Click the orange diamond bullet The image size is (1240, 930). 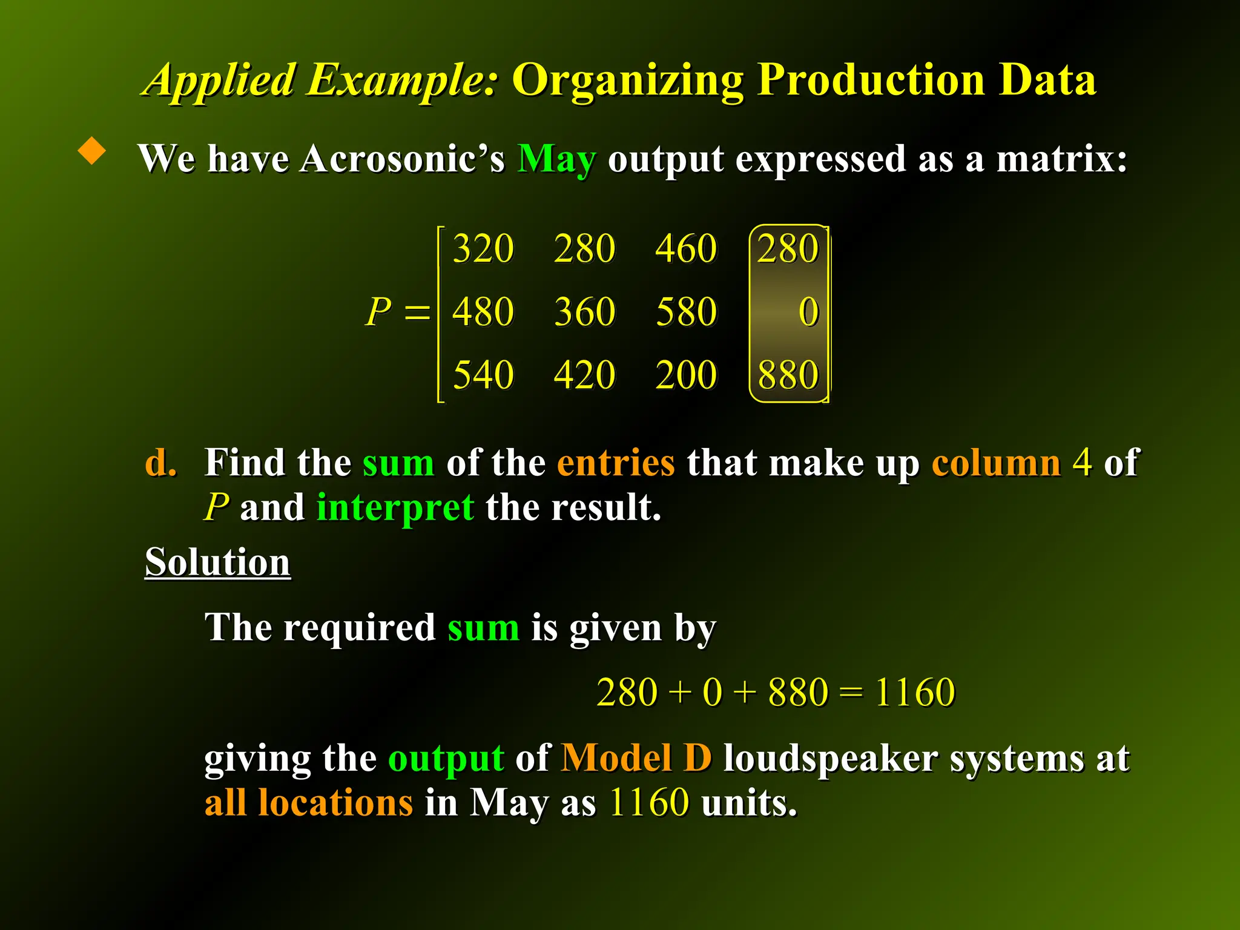click(x=92, y=151)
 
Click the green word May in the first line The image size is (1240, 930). click(x=556, y=160)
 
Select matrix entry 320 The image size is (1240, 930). click(x=483, y=248)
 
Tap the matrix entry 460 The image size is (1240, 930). click(x=686, y=248)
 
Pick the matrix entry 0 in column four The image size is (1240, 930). click(x=808, y=312)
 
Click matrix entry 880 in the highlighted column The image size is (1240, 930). click(x=788, y=375)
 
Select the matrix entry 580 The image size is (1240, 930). click(x=686, y=312)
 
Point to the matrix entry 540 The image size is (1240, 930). click(x=483, y=375)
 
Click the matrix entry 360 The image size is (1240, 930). click(x=584, y=312)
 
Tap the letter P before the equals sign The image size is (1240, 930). click(x=379, y=312)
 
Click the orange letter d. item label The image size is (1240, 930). click(x=161, y=463)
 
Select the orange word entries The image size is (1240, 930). click(x=615, y=463)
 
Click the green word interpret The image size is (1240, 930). click(x=395, y=507)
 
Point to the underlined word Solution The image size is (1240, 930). click(x=217, y=562)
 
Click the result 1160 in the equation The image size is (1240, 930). click(x=915, y=692)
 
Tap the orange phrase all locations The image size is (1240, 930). click(x=309, y=803)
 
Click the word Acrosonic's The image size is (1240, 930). click(x=402, y=160)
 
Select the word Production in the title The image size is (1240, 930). click(x=871, y=80)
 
